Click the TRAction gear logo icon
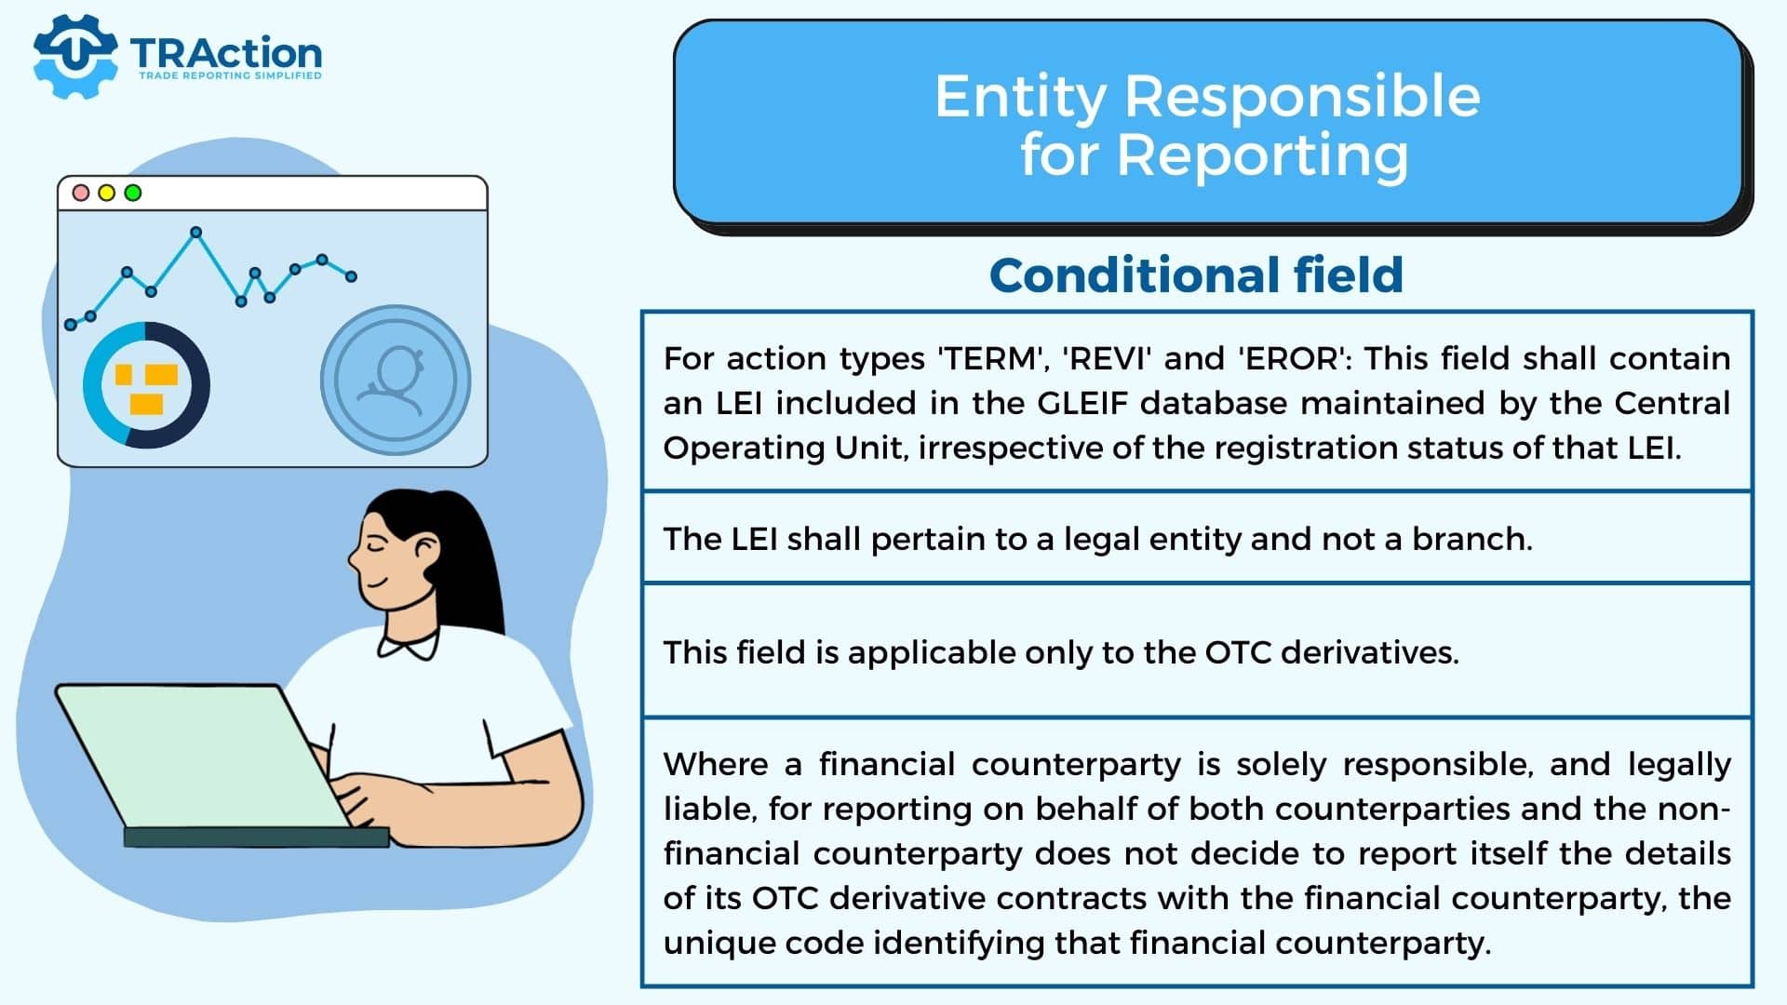click(75, 57)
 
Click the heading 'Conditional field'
click(1196, 275)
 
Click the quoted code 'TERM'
click(990, 358)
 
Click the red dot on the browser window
click(81, 193)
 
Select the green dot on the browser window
click(133, 193)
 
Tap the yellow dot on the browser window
click(107, 193)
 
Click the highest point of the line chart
click(195, 232)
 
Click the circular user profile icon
click(396, 381)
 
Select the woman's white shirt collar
click(408, 644)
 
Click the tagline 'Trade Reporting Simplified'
click(230, 75)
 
